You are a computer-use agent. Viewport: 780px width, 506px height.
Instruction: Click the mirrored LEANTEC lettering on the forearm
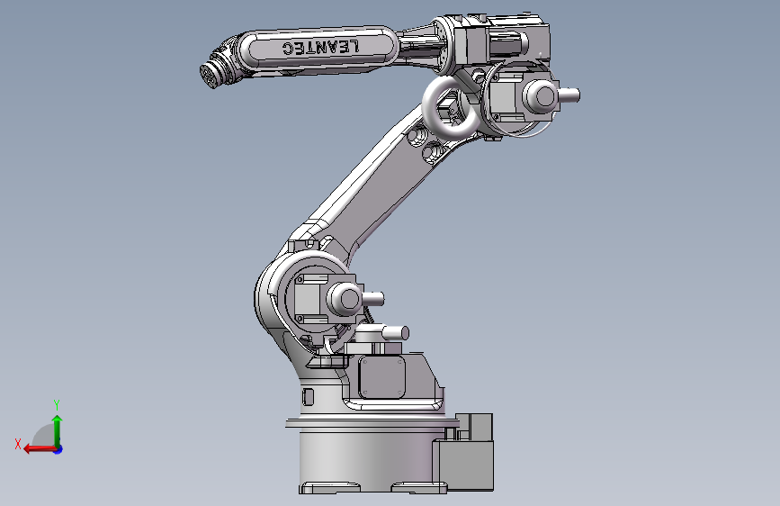tap(320, 47)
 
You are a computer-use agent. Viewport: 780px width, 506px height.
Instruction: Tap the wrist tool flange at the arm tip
tap(211, 77)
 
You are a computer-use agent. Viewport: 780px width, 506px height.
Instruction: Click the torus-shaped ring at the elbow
tap(450, 106)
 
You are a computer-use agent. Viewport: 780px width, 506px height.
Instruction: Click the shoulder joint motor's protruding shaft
tap(372, 299)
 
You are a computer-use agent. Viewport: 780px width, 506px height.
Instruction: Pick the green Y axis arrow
tap(58, 431)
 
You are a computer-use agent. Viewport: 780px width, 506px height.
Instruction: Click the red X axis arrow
tap(40, 448)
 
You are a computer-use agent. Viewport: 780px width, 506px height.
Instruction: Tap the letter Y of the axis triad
tap(57, 404)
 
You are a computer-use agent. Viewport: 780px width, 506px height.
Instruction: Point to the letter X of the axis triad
tap(18, 444)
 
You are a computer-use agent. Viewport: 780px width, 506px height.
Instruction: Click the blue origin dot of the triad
tap(58, 449)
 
